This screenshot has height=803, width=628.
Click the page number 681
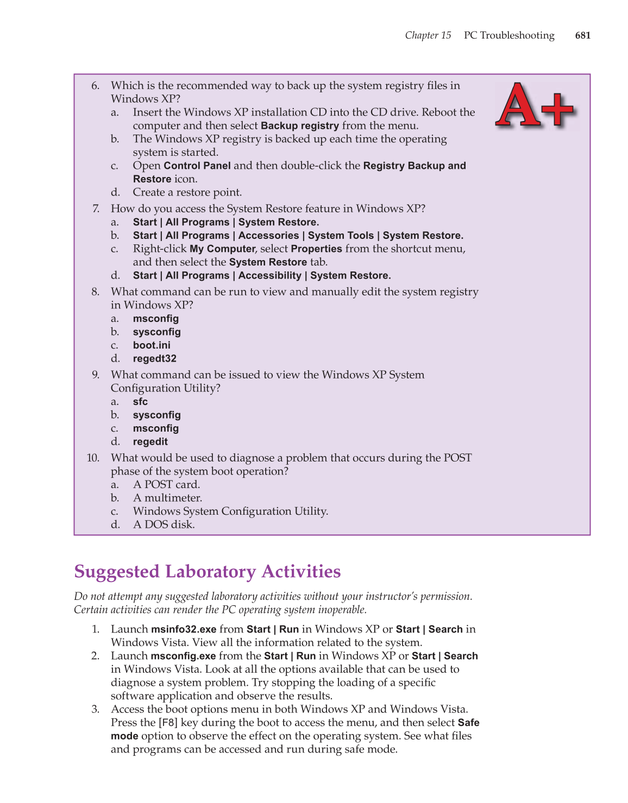(x=582, y=35)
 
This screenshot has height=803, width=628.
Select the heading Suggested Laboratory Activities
(x=207, y=572)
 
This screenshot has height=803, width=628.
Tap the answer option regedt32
(x=154, y=359)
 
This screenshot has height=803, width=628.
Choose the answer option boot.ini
(x=152, y=345)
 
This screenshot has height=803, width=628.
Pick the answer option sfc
(x=140, y=402)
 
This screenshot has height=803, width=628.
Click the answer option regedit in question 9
(x=150, y=442)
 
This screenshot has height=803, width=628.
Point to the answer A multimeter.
(x=167, y=498)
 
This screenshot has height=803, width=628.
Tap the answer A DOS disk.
(x=164, y=524)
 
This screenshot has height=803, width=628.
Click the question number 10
(x=93, y=458)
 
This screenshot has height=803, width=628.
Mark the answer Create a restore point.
(x=187, y=192)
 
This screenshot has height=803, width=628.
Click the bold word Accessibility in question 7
(x=269, y=276)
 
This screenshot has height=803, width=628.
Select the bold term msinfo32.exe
(x=184, y=629)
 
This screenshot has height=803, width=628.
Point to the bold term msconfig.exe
(x=183, y=656)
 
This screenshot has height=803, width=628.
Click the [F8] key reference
(x=168, y=723)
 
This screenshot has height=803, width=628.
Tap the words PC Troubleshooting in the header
(x=509, y=35)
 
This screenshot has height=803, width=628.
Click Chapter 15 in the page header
(x=428, y=35)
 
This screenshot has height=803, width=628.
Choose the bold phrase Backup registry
(x=299, y=126)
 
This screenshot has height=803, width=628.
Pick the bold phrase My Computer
(x=222, y=249)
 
